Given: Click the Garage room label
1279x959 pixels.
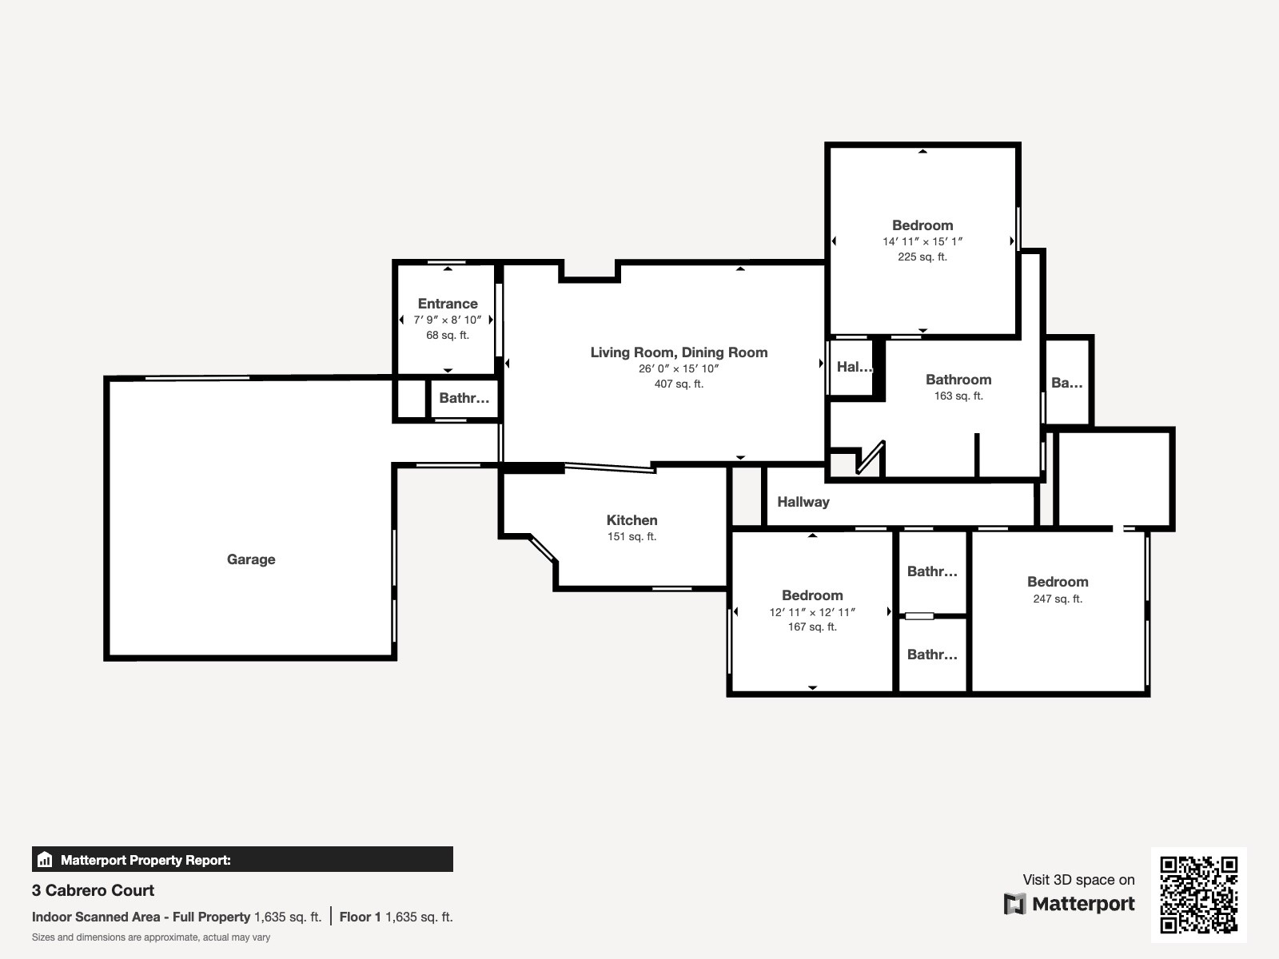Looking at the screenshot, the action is (250, 559).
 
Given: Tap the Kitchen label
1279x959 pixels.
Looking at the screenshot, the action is (632, 520).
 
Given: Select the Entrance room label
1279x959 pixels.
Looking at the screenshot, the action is (448, 304).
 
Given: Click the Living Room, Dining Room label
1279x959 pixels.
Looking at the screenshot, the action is (679, 352).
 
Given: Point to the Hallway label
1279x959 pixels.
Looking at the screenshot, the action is (803, 502).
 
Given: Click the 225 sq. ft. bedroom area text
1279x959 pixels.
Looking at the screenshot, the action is (922, 257).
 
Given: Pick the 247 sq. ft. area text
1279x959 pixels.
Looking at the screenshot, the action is (1058, 599).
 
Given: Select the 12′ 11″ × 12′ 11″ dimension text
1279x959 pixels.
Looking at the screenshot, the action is (812, 612).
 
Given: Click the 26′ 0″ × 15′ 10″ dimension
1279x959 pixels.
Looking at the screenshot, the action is (679, 368).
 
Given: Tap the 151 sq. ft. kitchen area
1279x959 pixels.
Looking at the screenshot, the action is (632, 536).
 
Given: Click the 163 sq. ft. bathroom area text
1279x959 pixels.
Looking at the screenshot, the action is (958, 396).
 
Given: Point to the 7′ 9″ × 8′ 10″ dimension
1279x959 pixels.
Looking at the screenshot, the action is (448, 320).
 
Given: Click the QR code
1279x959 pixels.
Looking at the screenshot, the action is (1198, 895).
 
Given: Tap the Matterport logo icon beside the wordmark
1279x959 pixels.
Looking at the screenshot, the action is (1014, 904).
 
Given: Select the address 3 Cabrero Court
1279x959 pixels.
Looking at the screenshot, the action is (93, 890).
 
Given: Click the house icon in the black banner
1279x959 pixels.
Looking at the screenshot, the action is (45, 859).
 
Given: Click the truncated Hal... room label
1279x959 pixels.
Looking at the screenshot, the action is (855, 367).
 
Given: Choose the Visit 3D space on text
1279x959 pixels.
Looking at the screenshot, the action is (1078, 880).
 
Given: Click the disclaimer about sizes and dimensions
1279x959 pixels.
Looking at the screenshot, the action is (151, 937).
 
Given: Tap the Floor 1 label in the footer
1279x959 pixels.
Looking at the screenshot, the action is (360, 917).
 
